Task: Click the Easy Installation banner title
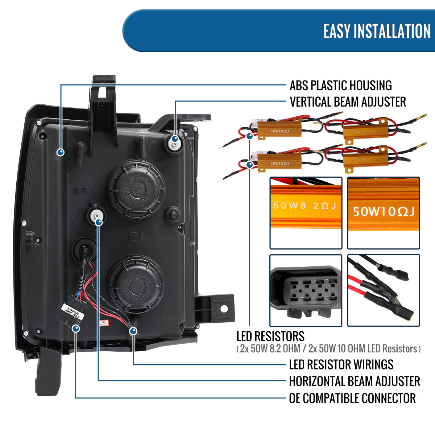point(377,31)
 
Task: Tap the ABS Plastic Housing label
point(340,86)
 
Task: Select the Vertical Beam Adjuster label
point(348,102)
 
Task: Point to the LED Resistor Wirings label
point(341,364)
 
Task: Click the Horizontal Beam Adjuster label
point(354,381)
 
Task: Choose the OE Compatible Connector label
point(352,398)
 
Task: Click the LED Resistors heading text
point(270,336)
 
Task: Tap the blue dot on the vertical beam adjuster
point(175,139)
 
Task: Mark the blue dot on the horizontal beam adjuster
point(99,222)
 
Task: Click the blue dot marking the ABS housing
point(61,152)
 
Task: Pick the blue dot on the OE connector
point(76,328)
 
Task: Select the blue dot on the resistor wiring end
point(133,331)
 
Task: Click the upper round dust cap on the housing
point(136,188)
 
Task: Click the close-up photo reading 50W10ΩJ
point(383,213)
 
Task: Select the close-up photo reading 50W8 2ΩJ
point(306,213)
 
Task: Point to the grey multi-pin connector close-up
point(306,290)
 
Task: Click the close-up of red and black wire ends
point(383,290)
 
